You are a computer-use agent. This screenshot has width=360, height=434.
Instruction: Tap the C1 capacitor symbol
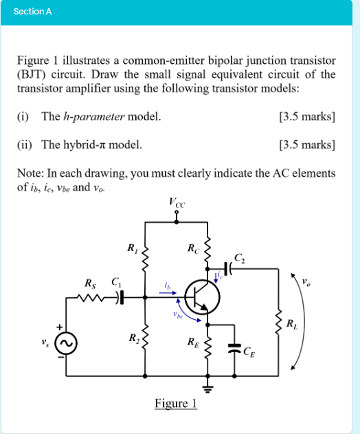tap(120, 297)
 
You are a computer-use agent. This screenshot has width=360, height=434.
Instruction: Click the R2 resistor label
tap(132, 338)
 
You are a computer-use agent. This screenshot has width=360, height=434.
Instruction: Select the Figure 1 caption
tap(176, 403)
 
